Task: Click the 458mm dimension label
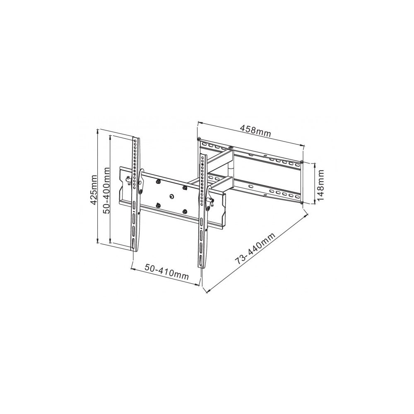click(255, 131)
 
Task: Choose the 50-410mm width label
click(166, 271)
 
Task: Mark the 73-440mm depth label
click(255, 248)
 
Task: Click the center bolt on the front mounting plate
click(172, 197)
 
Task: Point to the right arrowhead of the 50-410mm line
click(197, 284)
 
